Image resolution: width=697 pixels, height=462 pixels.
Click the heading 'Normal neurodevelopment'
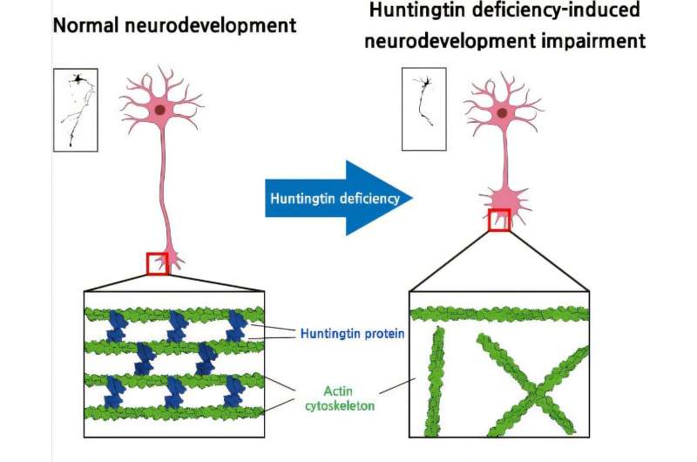175,24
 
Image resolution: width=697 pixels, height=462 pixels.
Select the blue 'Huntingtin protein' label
352,333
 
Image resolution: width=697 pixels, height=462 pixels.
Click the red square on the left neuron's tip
157,262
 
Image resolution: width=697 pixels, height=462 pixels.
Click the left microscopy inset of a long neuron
76,109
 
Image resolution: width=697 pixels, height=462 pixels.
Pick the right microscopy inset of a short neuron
425,109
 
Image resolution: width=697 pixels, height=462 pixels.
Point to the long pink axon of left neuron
164,192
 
